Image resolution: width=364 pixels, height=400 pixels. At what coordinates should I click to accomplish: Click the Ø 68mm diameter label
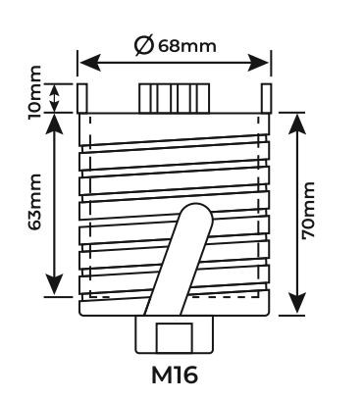[x=176, y=46]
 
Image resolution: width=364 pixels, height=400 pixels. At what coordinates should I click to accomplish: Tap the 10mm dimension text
[x=35, y=93]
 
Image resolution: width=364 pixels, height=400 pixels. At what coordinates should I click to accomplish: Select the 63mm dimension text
[x=35, y=202]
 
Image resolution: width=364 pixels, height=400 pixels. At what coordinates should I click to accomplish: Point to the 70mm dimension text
[x=308, y=211]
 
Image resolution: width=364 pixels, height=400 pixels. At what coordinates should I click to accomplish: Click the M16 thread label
[x=175, y=375]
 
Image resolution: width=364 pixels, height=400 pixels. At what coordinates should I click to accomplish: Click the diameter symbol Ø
[x=144, y=46]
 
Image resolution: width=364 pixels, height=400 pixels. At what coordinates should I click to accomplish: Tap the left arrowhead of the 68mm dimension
[x=89, y=63]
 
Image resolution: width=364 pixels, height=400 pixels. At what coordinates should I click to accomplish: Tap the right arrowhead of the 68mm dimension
[x=258, y=63]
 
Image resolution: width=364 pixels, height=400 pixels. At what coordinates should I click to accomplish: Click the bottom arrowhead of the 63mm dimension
[x=54, y=284]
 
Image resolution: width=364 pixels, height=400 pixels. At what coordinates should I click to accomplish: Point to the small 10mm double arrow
[x=54, y=98]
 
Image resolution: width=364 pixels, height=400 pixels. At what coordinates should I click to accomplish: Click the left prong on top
[x=82, y=98]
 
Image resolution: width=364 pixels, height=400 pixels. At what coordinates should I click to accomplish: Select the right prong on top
[x=266, y=98]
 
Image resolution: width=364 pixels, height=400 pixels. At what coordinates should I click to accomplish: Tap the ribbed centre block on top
[x=175, y=98]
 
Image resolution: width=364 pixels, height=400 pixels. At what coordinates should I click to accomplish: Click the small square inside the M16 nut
[x=174, y=338]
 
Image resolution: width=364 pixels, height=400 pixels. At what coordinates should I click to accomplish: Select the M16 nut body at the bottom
[x=175, y=334]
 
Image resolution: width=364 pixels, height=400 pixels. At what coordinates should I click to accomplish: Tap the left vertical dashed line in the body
[x=90, y=206]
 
